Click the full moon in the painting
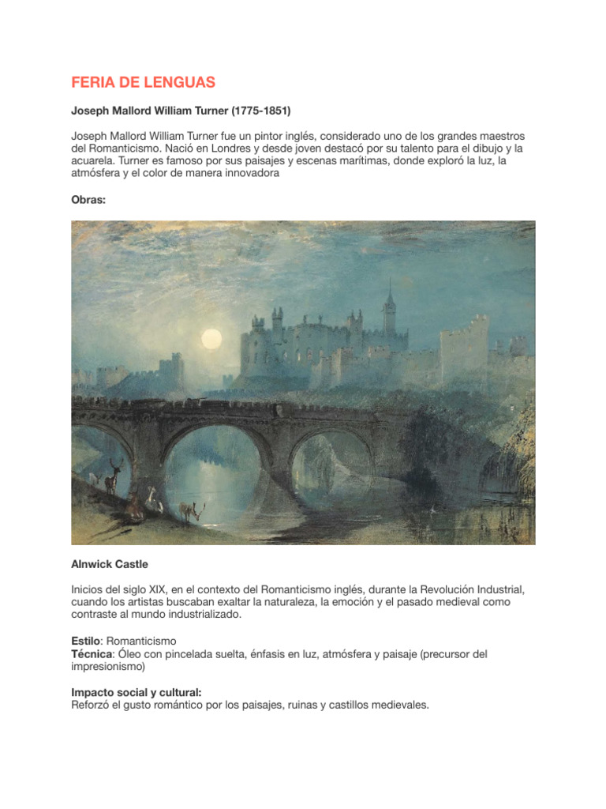(211, 339)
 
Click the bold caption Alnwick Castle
(110, 565)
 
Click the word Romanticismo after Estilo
(140, 641)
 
